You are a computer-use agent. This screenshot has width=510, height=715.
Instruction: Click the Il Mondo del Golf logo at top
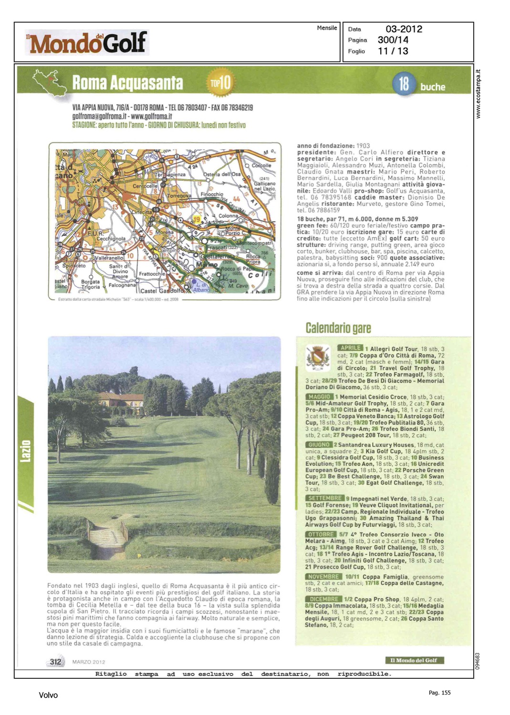point(87,43)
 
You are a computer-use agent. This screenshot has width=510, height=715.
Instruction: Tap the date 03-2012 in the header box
point(404,29)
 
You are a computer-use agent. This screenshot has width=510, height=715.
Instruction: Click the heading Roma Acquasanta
point(127,83)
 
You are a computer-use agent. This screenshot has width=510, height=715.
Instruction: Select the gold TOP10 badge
point(220,82)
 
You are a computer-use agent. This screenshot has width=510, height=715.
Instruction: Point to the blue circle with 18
point(404,84)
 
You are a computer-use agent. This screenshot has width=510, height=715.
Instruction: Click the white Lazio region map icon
point(49,82)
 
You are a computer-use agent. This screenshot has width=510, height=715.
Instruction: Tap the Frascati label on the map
point(217,247)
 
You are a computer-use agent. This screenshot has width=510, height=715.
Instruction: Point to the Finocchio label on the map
point(211,194)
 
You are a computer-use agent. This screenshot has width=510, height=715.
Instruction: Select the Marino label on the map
point(207,265)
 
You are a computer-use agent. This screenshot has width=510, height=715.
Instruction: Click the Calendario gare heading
point(338,328)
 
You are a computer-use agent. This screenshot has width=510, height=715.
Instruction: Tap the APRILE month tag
point(350,348)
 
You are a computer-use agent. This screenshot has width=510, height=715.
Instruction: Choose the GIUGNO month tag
point(318,445)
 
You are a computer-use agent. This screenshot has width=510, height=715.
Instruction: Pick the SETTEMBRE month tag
point(325,498)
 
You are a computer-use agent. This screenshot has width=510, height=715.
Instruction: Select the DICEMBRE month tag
point(323,599)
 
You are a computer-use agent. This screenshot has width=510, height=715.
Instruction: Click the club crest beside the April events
point(318,358)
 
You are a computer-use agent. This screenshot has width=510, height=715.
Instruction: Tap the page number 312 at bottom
point(55,662)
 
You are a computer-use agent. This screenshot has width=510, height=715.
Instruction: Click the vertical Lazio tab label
point(26,451)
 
